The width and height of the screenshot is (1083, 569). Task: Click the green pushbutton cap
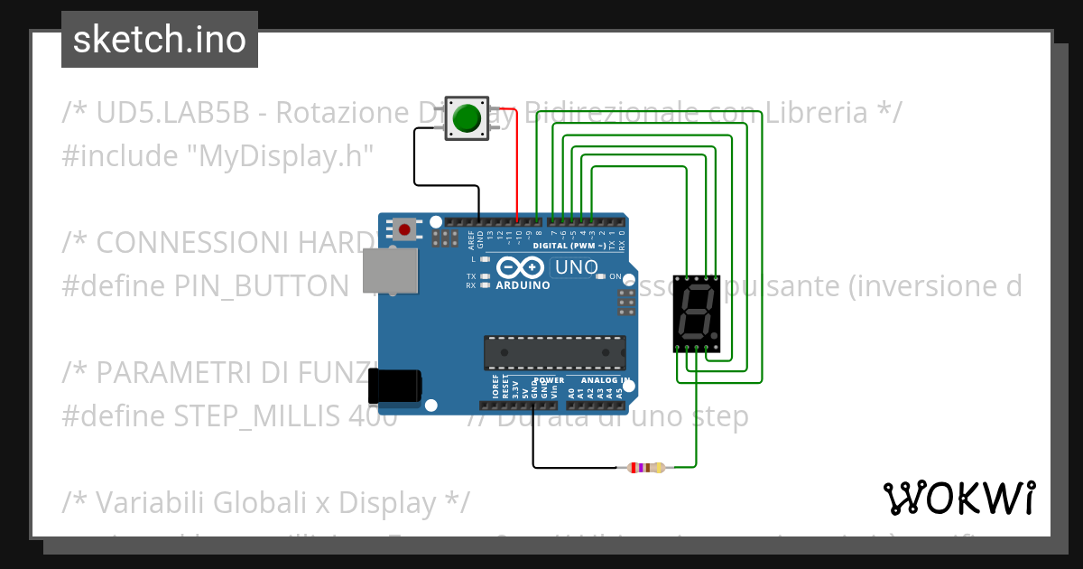coord(467,118)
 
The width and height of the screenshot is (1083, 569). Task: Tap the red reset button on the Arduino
coord(404,229)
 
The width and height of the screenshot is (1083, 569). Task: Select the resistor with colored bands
coord(641,467)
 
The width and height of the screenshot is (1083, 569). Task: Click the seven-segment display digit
coord(697,312)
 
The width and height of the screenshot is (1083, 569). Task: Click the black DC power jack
coord(394,386)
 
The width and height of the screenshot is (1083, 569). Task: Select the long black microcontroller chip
coord(555,352)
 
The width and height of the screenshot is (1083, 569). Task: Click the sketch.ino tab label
coord(160,40)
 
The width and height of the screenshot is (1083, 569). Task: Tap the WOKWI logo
coord(958,498)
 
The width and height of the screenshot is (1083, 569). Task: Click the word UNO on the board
coord(576,267)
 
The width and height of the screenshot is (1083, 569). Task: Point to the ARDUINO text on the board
coord(523,285)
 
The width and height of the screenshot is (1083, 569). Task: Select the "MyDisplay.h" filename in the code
coord(281,156)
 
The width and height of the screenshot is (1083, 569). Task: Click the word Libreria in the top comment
coord(817,113)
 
